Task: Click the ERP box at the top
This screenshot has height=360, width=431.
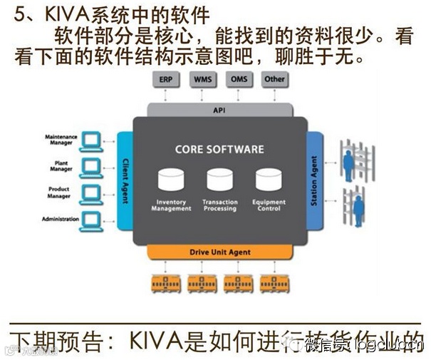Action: click(x=165, y=79)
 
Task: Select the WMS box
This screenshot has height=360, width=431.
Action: click(x=202, y=79)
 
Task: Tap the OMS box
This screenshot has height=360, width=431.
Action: click(x=238, y=79)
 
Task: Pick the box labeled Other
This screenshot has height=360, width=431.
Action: click(x=274, y=79)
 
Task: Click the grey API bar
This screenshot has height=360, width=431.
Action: click(x=219, y=110)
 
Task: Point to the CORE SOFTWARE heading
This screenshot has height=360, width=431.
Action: click(x=219, y=150)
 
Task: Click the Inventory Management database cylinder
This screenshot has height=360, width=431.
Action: click(x=171, y=180)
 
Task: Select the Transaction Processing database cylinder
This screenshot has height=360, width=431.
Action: click(x=219, y=180)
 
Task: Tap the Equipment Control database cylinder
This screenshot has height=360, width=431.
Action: click(x=269, y=180)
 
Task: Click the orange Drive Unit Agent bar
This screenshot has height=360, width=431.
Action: click(x=219, y=252)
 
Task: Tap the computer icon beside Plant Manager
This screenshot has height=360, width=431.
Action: click(x=90, y=168)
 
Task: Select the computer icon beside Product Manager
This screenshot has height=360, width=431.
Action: click(x=90, y=192)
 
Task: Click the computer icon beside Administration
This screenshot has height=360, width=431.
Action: click(x=90, y=218)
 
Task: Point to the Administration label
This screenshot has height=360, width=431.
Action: click(x=61, y=219)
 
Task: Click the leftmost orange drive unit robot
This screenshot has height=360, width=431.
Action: click(x=165, y=284)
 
